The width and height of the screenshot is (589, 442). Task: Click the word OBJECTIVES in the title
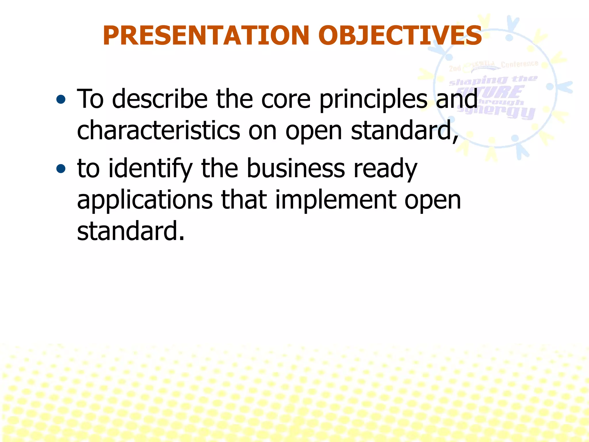tap(400, 36)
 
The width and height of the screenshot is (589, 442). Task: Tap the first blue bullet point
tap(61, 100)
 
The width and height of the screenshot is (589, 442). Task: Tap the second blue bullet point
tap(61, 169)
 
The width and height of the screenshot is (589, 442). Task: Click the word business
tap(296, 168)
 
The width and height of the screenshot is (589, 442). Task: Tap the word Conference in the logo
tap(519, 64)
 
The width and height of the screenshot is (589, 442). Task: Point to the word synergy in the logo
tap(496, 111)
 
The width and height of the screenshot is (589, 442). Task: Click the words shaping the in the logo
tap(493, 80)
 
